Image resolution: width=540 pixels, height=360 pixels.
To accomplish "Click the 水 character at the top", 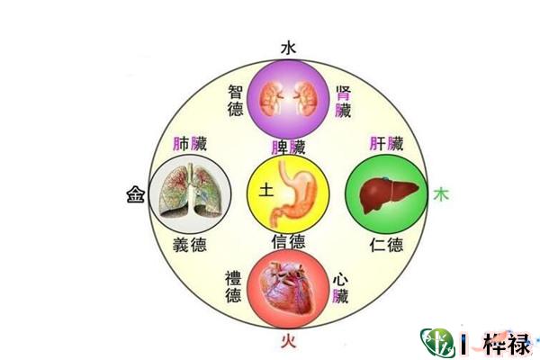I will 288,47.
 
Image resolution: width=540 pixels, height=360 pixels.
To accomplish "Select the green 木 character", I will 441,193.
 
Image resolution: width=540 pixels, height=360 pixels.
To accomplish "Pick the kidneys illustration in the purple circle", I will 288,95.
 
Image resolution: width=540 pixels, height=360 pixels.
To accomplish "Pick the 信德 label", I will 288,241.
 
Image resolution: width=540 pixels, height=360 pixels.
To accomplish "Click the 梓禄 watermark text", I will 506,343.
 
